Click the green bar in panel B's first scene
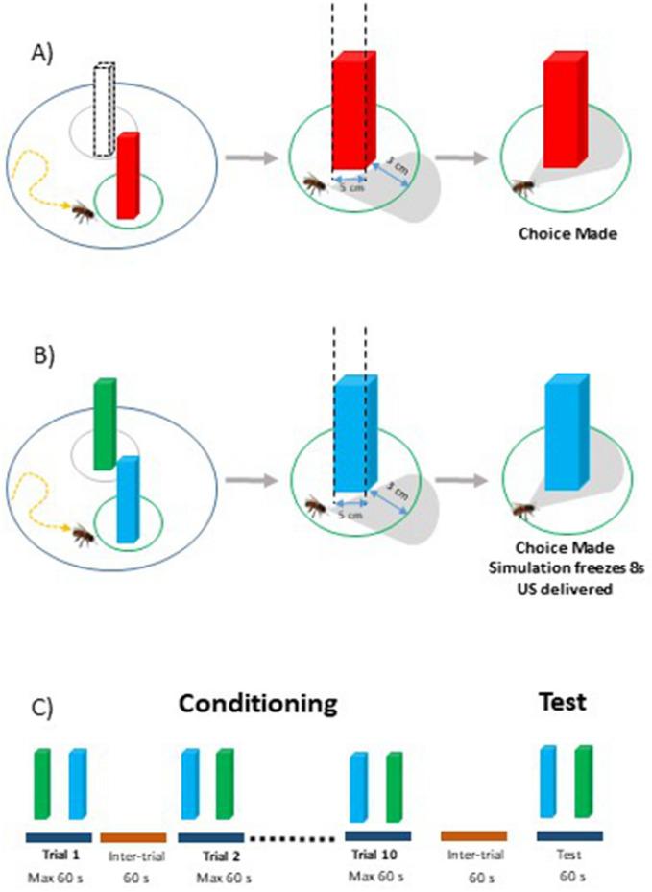pyautogui.click(x=104, y=422)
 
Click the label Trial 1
pyautogui.click(x=57, y=851)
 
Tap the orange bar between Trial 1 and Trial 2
pyautogui.click(x=132, y=836)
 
